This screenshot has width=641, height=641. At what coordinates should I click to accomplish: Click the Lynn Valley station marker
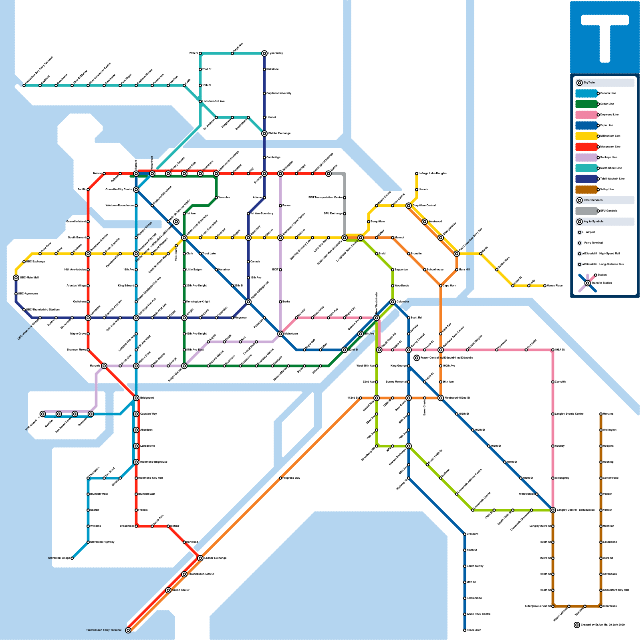point(264,53)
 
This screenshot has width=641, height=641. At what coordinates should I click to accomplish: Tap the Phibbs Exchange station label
point(279,133)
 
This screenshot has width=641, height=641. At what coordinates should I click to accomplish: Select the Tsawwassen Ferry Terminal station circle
point(128,630)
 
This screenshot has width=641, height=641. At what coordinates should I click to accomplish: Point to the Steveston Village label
point(59,558)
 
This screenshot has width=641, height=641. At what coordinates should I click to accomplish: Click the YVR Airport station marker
point(43,414)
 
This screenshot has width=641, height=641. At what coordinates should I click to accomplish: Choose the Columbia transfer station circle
point(393,302)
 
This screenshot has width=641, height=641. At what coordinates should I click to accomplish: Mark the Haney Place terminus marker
point(545,286)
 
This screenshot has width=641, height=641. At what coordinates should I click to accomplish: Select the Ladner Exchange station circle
point(200,558)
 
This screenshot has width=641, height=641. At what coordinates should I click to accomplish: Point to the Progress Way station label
point(291,478)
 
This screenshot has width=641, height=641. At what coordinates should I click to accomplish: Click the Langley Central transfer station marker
point(553,510)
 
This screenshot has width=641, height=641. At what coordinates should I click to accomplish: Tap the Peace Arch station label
point(474,630)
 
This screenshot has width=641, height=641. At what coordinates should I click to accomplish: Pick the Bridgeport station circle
point(136,398)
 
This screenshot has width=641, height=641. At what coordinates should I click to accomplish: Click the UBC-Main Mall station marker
point(16,278)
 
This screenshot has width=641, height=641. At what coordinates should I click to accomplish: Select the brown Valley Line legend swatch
point(587,189)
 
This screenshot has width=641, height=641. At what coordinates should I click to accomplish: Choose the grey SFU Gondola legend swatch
point(587,211)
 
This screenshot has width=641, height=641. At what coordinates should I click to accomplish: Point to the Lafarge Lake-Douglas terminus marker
point(417,173)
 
